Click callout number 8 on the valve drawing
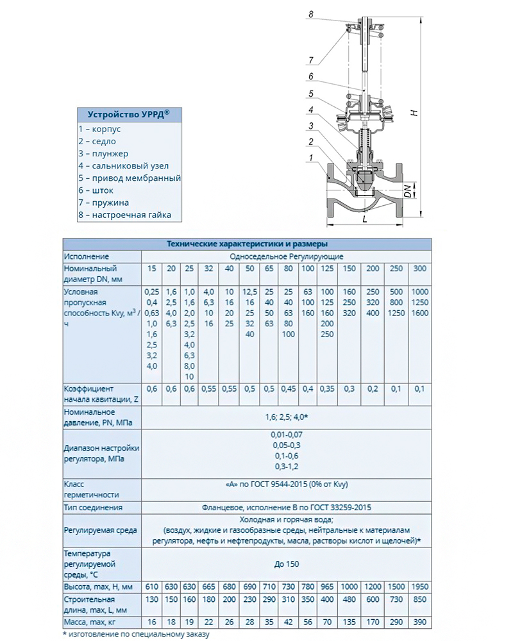310,13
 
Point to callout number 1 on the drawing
310,158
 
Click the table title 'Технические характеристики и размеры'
247,244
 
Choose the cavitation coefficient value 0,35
328,388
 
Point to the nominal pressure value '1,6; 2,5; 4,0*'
286,417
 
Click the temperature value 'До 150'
286,564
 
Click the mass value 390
420,622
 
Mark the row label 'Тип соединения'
92,508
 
